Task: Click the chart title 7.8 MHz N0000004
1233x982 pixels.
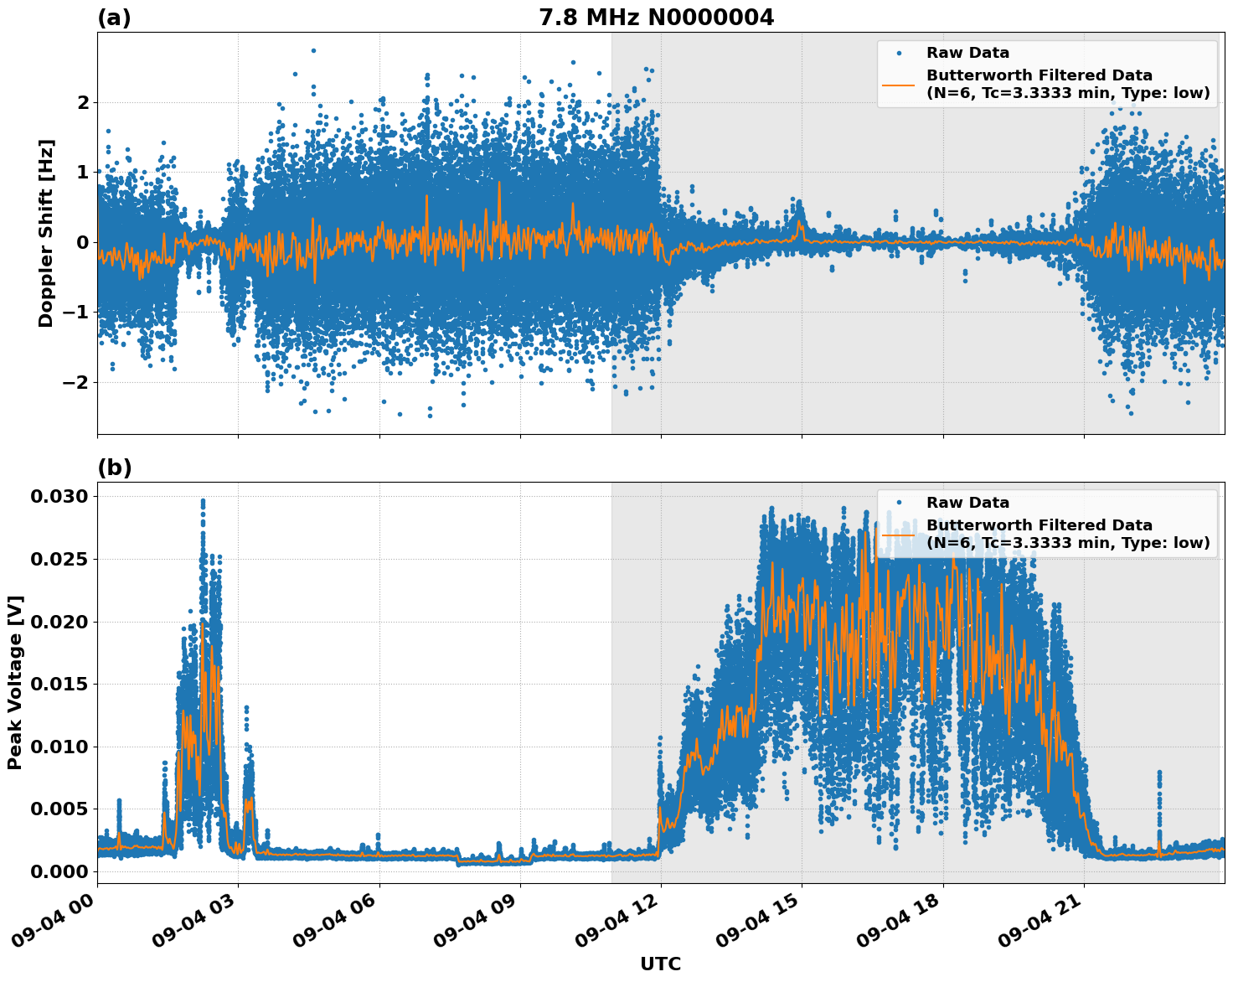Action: click(656, 17)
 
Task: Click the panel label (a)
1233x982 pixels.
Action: click(114, 18)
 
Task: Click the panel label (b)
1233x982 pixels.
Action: click(114, 468)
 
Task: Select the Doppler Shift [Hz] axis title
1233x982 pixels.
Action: click(46, 233)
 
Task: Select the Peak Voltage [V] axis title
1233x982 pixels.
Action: click(15, 682)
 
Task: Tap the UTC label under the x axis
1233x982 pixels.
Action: click(660, 964)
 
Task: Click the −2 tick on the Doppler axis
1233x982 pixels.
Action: click(77, 382)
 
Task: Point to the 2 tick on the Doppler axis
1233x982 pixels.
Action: click(83, 102)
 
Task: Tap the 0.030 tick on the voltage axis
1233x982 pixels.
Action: click(59, 496)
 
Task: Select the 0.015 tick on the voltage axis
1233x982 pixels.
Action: click(59, 684)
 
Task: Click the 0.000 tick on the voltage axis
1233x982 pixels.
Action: click(59, 871)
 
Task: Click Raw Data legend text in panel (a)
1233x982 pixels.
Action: click(967, 53)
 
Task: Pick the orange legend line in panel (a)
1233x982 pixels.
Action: click(898, 85)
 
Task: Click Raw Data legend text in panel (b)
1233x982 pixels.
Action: click(967, 503)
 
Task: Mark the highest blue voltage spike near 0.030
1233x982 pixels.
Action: click(203, 501)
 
